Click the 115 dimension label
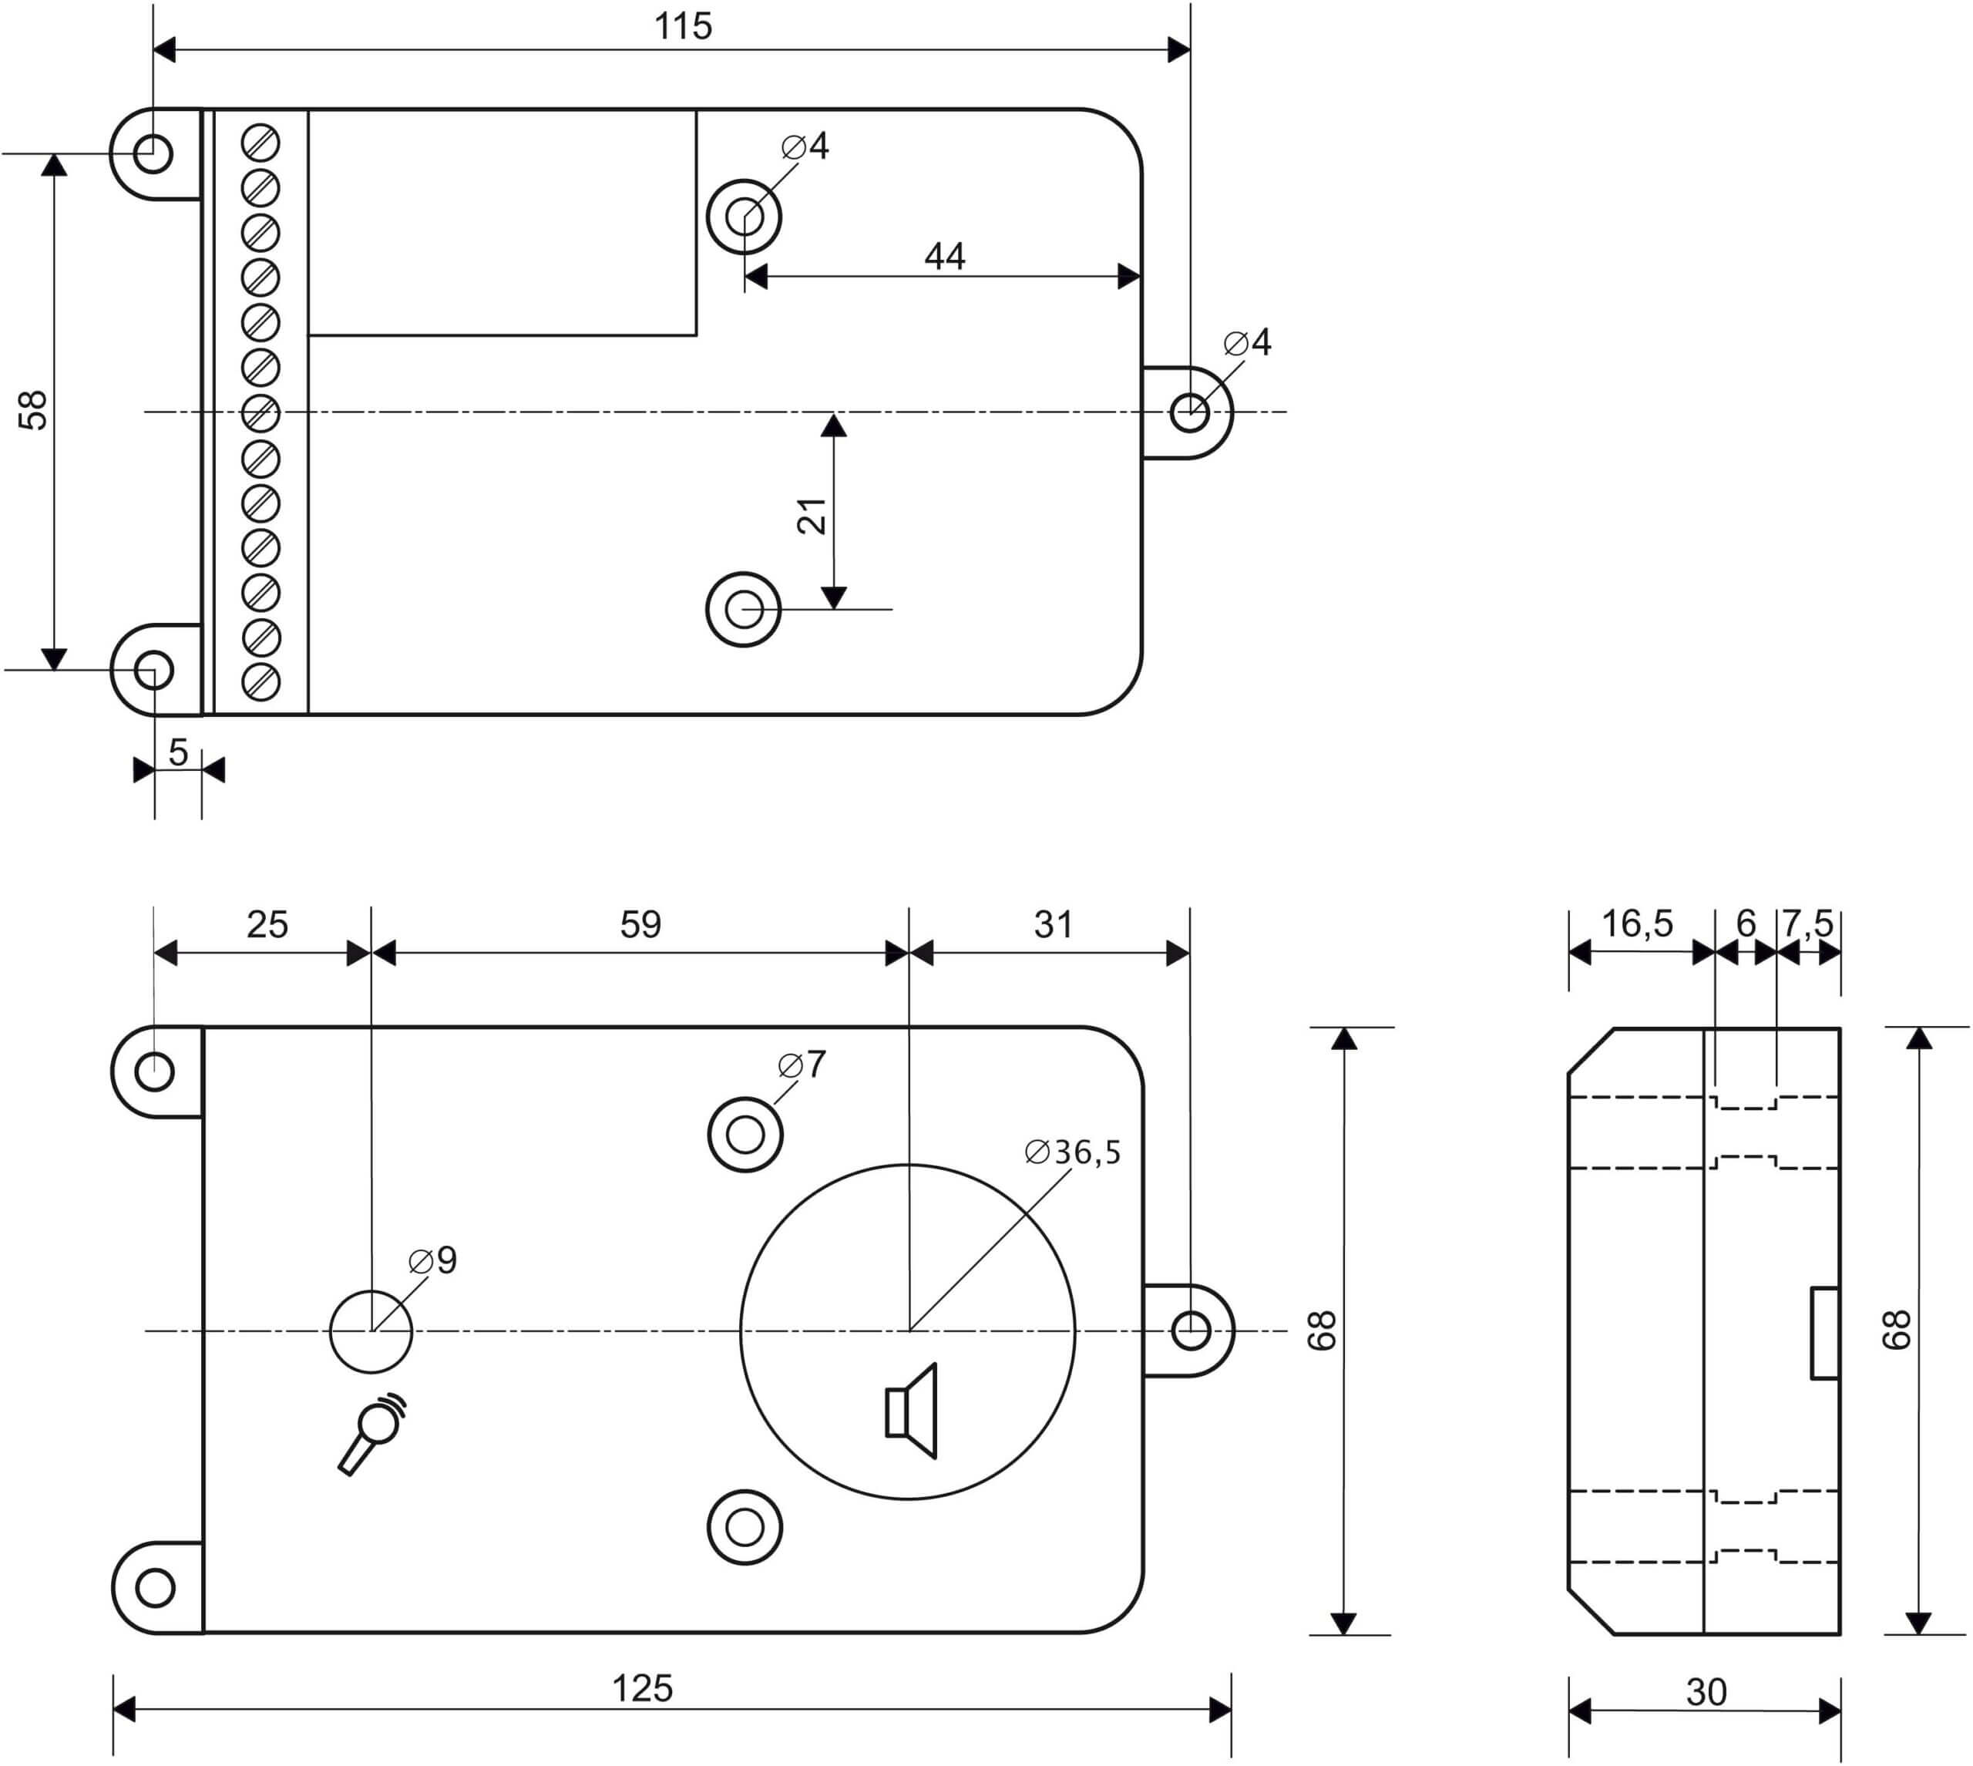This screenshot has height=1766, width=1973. coord(683,26)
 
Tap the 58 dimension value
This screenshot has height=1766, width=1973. coord(33,409)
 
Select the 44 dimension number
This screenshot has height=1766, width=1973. coord(945,256)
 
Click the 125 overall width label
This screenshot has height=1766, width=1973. coord(642,1688)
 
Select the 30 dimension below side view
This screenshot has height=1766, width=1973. coord(1706,1692)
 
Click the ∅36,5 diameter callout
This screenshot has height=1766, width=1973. coord(1072,1152)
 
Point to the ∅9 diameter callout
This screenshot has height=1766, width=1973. coord(432,1260)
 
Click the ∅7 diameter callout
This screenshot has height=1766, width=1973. coord(802,1065)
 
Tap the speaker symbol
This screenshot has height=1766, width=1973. coord(911,1411)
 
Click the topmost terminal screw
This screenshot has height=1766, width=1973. coord(260,143)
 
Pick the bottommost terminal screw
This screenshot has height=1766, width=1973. coord(260,682)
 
